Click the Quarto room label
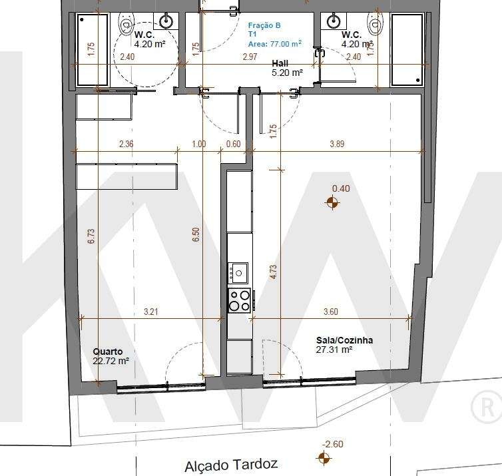pos(107,352)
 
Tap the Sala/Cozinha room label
pos(344,340)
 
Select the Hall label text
pos(280,64)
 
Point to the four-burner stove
pos(240,300)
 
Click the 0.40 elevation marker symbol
pos(332,202)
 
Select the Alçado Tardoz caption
pos(230,465)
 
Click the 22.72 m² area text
pos(111,361)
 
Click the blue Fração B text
pos(264,25)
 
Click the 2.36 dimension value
pos(126,144)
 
